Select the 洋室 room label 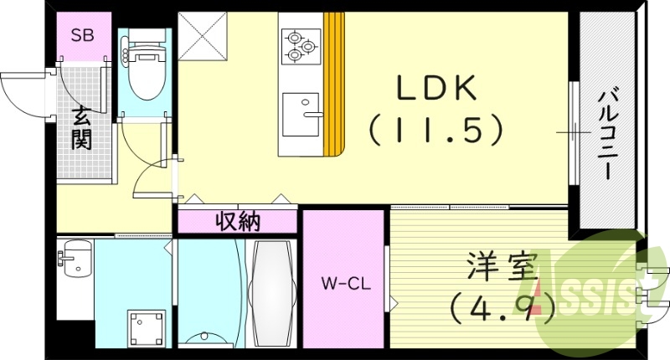click(501, 269)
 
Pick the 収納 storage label click(237, 222)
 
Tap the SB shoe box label click(82, 35)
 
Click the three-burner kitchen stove click(300, 46)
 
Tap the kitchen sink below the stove click(301, 114)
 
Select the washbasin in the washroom click(75, 259)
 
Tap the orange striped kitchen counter click(334, 84)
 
